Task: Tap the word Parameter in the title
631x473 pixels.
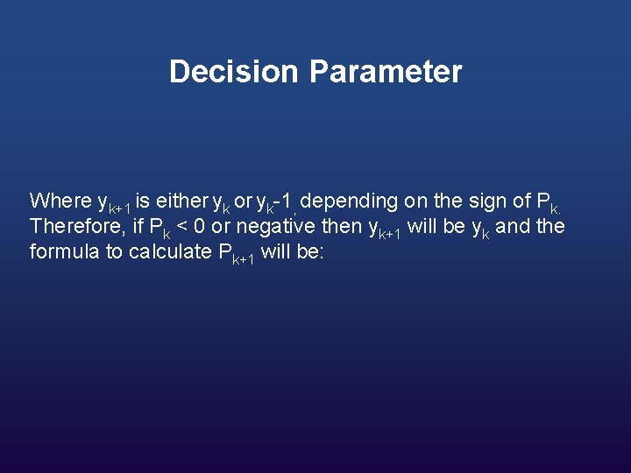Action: (x=385, y=72)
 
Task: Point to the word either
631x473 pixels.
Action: (x=181, y=201)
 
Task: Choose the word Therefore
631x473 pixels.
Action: (x=72, y=227)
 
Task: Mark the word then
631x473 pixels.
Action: (x=344, y=227)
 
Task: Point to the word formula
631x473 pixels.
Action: (x=60, y=253)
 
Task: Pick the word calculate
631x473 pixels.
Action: (x=169, y=253)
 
